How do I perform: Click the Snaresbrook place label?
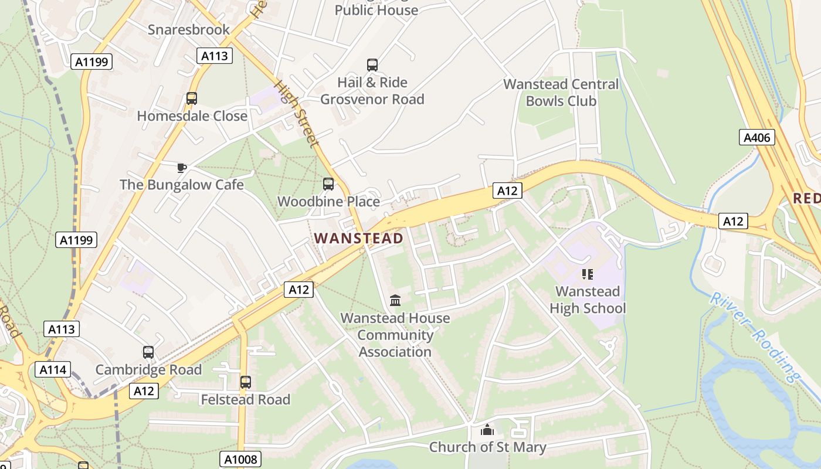pos(189,29)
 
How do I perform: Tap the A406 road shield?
pos(756,138)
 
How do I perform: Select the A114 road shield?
pos(53,369)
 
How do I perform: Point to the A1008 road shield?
pos(241,459)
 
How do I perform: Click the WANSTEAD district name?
pos(359,238)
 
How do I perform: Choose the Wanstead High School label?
pos(588,300)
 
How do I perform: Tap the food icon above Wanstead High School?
pos(588,274)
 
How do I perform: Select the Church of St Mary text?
pos(487,447)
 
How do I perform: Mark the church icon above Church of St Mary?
pos(487,430)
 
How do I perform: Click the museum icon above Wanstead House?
pos(395,301)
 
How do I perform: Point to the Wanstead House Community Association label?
pos(395,335)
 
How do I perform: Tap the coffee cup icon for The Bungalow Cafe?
pos(182,168)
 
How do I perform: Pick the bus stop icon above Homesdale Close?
pos(192,98)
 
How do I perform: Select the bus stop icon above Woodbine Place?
pos(328,184)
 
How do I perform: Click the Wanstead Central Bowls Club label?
pos(561,92)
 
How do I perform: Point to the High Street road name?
pos(297,114)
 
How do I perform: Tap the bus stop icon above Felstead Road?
pos(246,382)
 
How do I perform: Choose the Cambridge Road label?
pos(148,370)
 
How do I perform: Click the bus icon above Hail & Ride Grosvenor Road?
pos(372,65)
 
